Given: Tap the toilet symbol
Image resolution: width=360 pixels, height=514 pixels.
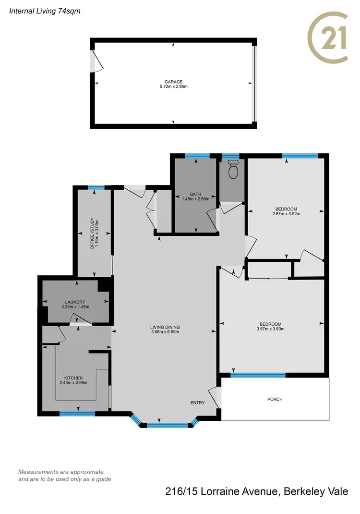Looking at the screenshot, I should coord(234,170).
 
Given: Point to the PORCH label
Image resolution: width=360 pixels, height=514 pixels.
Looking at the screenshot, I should coord(275,399).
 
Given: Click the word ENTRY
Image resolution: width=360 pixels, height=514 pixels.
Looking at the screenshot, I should coord(197,403).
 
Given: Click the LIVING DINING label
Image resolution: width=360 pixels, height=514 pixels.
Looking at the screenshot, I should coord(165,327).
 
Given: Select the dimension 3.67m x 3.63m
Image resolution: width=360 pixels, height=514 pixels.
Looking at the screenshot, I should coord(270,329).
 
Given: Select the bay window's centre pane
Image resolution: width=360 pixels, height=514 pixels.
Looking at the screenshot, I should coord(168,425).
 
